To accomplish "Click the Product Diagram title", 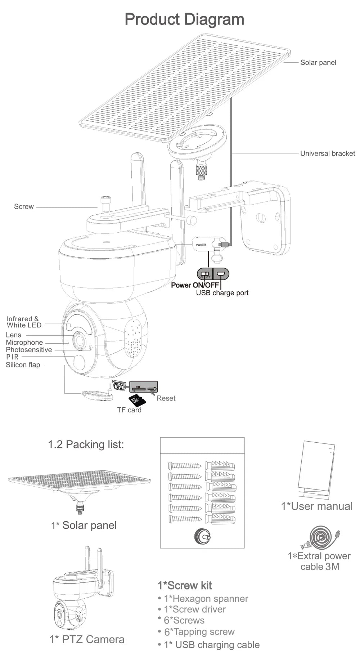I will tap(184, 19).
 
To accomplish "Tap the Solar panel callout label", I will tap(318, 62).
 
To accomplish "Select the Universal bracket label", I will tap(327, 153).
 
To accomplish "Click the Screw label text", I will tap(24, 206).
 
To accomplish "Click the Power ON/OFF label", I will tap(195, 285).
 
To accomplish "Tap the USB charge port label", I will tap(222, 293).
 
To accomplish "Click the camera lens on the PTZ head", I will tap(79, 340).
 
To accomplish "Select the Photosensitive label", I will tap(29, 350).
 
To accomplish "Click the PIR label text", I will tap(12, 357).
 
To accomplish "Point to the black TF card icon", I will tap(136, 400).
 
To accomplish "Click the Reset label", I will tap(166, 398).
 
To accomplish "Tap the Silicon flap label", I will tap(23, 365).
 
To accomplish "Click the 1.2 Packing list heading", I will tap(86, 444).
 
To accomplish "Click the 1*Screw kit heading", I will tap(185, 585).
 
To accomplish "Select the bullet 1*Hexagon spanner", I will tap(206, 599).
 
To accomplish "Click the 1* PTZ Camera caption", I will tap(87, 639).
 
